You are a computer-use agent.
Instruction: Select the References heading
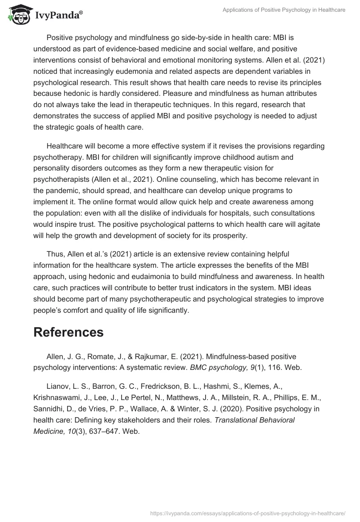click(x=68, y=332)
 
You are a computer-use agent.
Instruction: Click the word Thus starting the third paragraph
click(x=56, y=255)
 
